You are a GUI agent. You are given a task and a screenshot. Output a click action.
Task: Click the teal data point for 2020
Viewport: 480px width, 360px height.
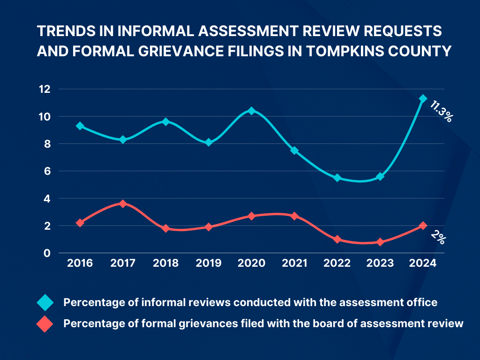click(x=252, y=111)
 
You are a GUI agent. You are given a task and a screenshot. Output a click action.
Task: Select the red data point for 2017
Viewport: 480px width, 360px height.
click(x=123, y=204)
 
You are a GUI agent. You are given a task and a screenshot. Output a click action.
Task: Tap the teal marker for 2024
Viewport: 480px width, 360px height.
click(x=423, y=98)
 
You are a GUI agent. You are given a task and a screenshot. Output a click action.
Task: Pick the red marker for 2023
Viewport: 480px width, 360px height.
click(x=380, y=242)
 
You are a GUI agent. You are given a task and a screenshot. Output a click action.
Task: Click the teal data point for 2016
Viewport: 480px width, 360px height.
click(x=80, y=126)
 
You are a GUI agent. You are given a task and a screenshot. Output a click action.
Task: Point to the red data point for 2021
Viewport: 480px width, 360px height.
click(x=294, y=216)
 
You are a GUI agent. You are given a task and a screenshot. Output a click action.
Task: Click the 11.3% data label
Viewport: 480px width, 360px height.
click(x=441, y=111)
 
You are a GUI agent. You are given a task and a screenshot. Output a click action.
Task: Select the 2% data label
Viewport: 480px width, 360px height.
click(x=439, y=238)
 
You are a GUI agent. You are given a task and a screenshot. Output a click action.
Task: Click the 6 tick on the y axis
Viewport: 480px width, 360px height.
click(x=47, y=171)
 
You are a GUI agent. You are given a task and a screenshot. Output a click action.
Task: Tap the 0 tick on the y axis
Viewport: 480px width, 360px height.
click(x=47, y=253)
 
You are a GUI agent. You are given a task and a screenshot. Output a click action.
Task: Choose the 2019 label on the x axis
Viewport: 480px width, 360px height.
click(x=209, y=263)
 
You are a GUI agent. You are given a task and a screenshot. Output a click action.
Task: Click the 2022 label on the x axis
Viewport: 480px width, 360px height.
click(x=337, y=263)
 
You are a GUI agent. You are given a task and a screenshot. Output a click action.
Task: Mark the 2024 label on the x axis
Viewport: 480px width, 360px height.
click(x=423, y=263)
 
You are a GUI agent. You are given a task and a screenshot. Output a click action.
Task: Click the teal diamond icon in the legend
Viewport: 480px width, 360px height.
click(x=45, y=303)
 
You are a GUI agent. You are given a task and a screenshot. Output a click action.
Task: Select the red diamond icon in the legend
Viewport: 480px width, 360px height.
click(x=45, y=323)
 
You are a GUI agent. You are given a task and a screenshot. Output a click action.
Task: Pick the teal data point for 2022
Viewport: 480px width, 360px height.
click(x=337, y=178)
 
